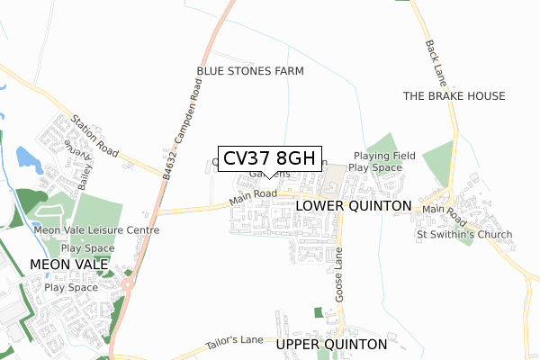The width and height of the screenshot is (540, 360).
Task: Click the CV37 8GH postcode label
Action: pos(268,159)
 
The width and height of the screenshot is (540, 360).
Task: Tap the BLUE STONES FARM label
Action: pos(250,71)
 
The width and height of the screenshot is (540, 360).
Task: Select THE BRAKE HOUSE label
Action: pos(454,96)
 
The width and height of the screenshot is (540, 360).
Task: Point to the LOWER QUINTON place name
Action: pos(353,206)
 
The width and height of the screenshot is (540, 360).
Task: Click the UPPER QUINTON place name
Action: pos(332,345)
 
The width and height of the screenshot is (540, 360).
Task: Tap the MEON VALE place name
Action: pos(69,265)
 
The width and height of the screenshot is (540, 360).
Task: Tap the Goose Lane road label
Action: pos(339,276)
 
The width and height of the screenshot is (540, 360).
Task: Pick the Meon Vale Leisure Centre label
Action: pos(96,230)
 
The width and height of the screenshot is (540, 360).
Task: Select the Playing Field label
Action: pos(384,156)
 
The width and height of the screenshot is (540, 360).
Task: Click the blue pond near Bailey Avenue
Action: pos(29,159)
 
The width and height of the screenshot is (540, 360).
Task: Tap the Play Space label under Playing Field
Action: pos(375,168)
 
